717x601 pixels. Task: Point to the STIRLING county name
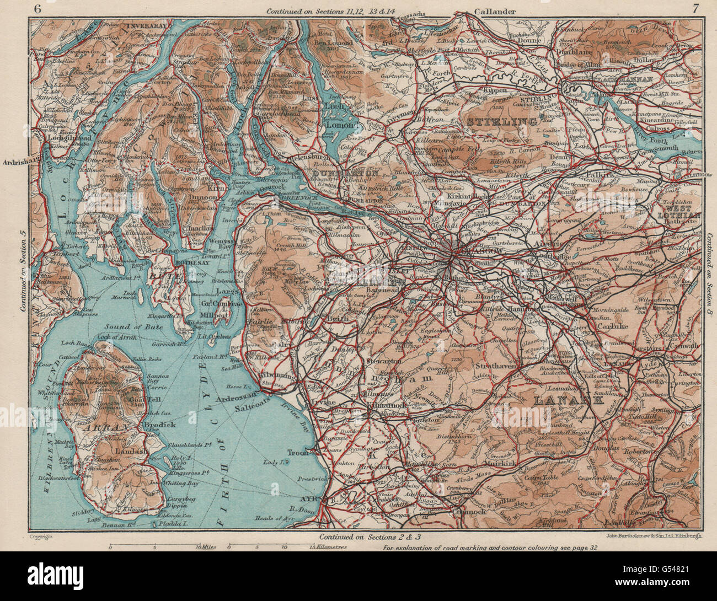coord(502,120)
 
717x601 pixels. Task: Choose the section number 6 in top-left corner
coord(37,8)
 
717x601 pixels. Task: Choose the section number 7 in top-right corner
coord(695,8)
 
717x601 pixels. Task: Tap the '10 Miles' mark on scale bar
coord(206,547)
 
